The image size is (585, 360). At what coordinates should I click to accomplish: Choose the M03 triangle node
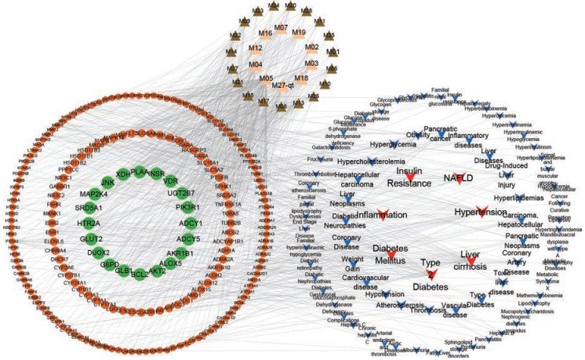pyautogui.click(x=311, y=64)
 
